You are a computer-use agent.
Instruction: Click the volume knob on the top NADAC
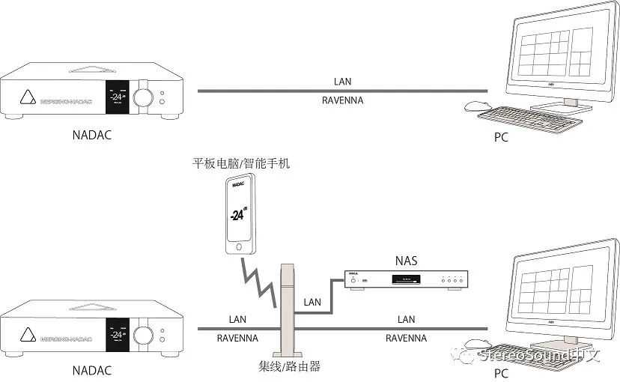tap(142, 98)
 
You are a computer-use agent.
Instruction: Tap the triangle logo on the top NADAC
tap(28, 97)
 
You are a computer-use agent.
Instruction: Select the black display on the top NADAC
tap(115, 97)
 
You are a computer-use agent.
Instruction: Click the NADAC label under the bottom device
tap(94, 369)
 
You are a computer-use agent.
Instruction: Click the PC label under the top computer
tap(501, 138)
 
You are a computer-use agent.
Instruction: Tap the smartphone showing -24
tap(240, 213)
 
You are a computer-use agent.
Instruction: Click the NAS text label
tap(406, 261)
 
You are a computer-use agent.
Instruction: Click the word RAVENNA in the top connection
tap(342, 100)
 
